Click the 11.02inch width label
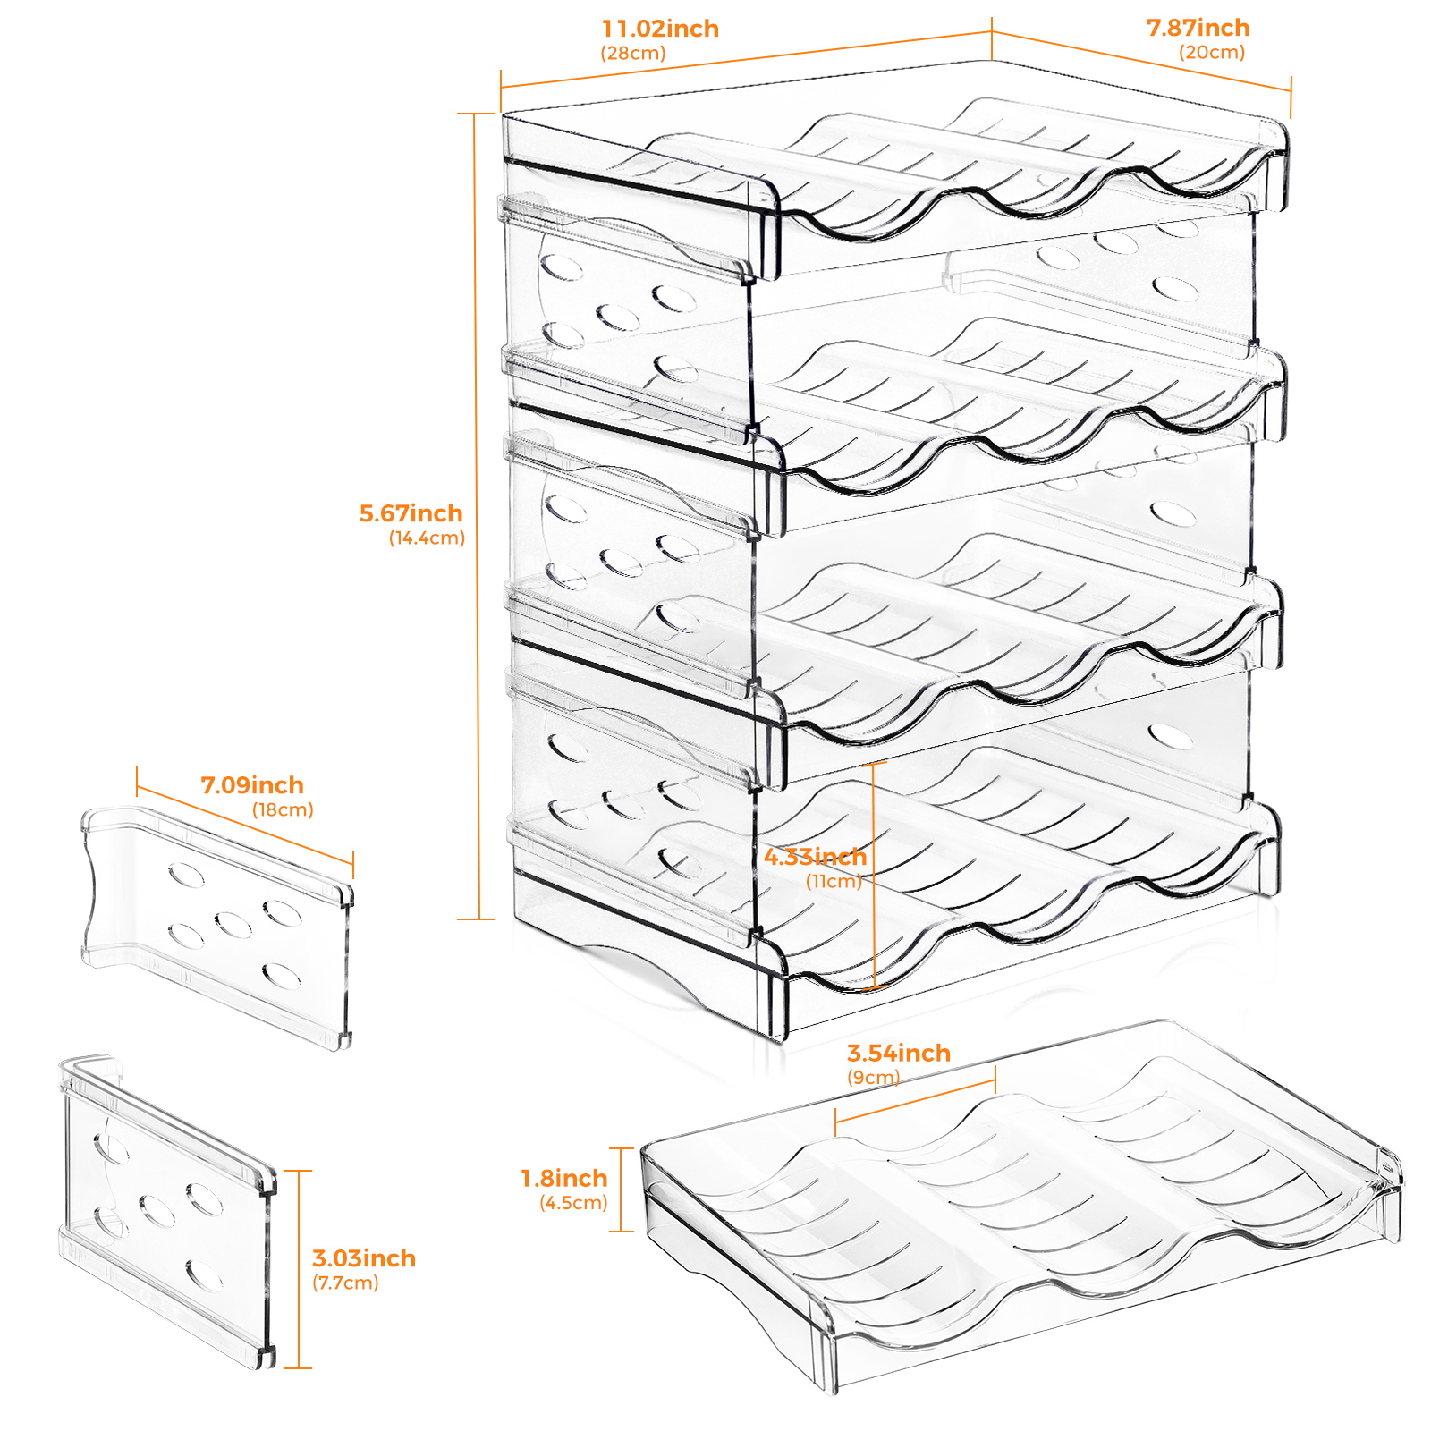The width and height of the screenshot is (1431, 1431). [x=660, y=29]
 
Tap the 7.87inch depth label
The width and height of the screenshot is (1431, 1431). [x=1198, y=28]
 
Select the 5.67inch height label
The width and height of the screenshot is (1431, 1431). [x=411, y=513]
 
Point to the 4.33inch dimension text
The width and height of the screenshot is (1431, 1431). [x=815, y=857]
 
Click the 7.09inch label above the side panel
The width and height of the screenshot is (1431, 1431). [x=252, y=785]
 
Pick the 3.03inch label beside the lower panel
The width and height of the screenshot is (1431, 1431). [x=364, y=1258]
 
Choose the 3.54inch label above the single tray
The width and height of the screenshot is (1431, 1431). [x=898, y=1054]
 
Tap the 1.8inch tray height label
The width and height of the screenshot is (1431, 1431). [x=564, y=1179]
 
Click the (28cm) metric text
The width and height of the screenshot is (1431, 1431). [x=633, y=54]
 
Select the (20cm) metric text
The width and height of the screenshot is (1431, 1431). [x=1212, y=53]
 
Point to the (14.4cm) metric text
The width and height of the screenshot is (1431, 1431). [x=427, y=538]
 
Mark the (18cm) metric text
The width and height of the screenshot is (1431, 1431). [x=283, y=810]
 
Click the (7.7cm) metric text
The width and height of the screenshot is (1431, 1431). [x=345, y=1283]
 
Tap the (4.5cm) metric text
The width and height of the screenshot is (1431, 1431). [x=573, y=1203]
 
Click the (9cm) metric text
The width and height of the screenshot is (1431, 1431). [x=874, y=1078]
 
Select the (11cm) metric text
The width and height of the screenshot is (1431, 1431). [x=834, y=882]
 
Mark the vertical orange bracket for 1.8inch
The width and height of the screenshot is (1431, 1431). [x=622, y=1190]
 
